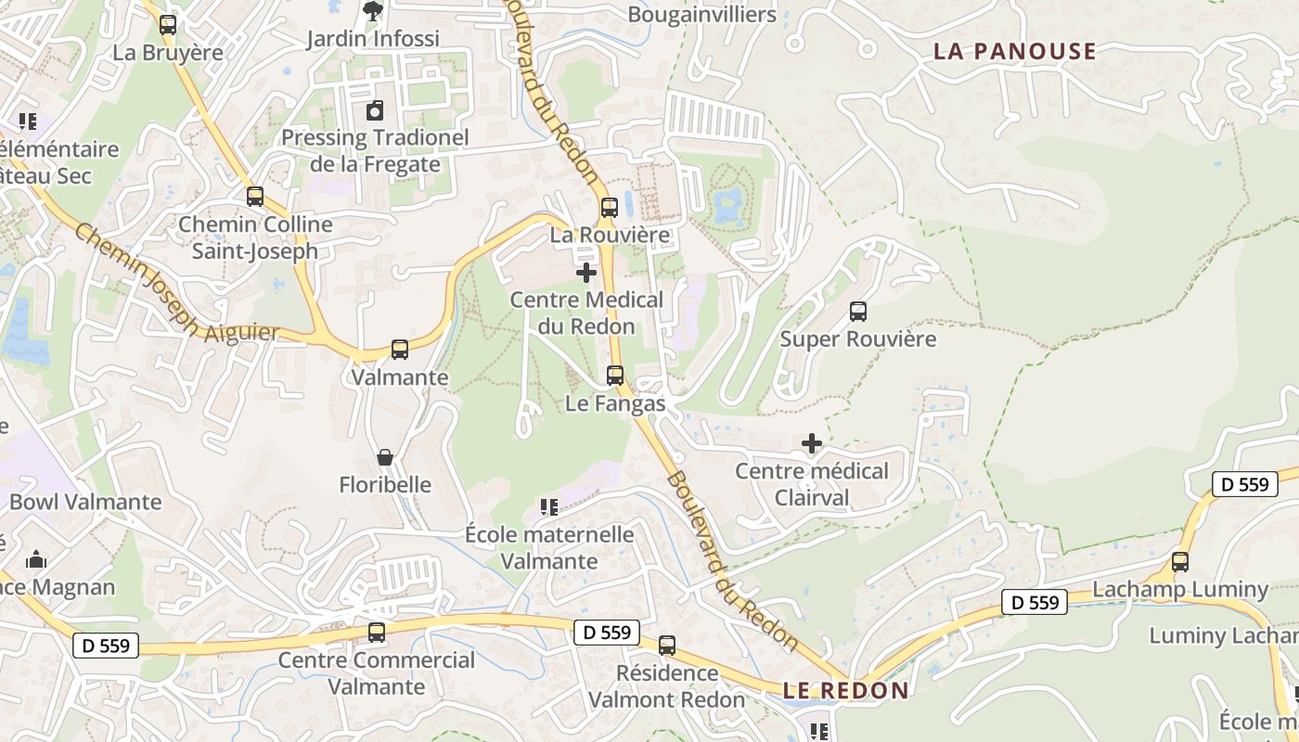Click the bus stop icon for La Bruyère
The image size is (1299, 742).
pos(168,25)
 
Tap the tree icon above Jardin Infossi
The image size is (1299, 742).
pos(372,11)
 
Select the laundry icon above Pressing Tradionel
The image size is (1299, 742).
pos(374,111)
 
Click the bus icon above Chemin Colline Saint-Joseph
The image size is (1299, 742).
pos(255,197)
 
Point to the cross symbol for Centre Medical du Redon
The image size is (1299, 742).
pos(586,273)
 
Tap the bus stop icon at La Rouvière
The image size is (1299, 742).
pos(609,208)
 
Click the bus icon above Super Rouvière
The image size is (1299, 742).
pos(858,312)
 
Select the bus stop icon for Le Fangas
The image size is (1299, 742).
pos(615,376)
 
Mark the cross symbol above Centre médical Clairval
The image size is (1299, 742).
pos(812,443)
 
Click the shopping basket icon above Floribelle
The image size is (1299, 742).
pos(385,457)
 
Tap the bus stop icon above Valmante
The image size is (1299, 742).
pos(400,350)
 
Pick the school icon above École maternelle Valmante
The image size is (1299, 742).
pos(549,507)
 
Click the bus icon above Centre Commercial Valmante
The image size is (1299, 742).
pos(377,633)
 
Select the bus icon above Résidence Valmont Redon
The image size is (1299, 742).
pos(667,646)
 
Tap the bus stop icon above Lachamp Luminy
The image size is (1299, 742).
pos(1180,561)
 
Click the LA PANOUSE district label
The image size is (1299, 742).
pos(1015,51)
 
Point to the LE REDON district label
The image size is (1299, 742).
pos(845,690)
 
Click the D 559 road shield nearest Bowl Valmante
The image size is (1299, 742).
pos(106,646)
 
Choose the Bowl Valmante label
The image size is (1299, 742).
pos(85,502)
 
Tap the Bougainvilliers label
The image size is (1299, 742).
pos(701,14)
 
